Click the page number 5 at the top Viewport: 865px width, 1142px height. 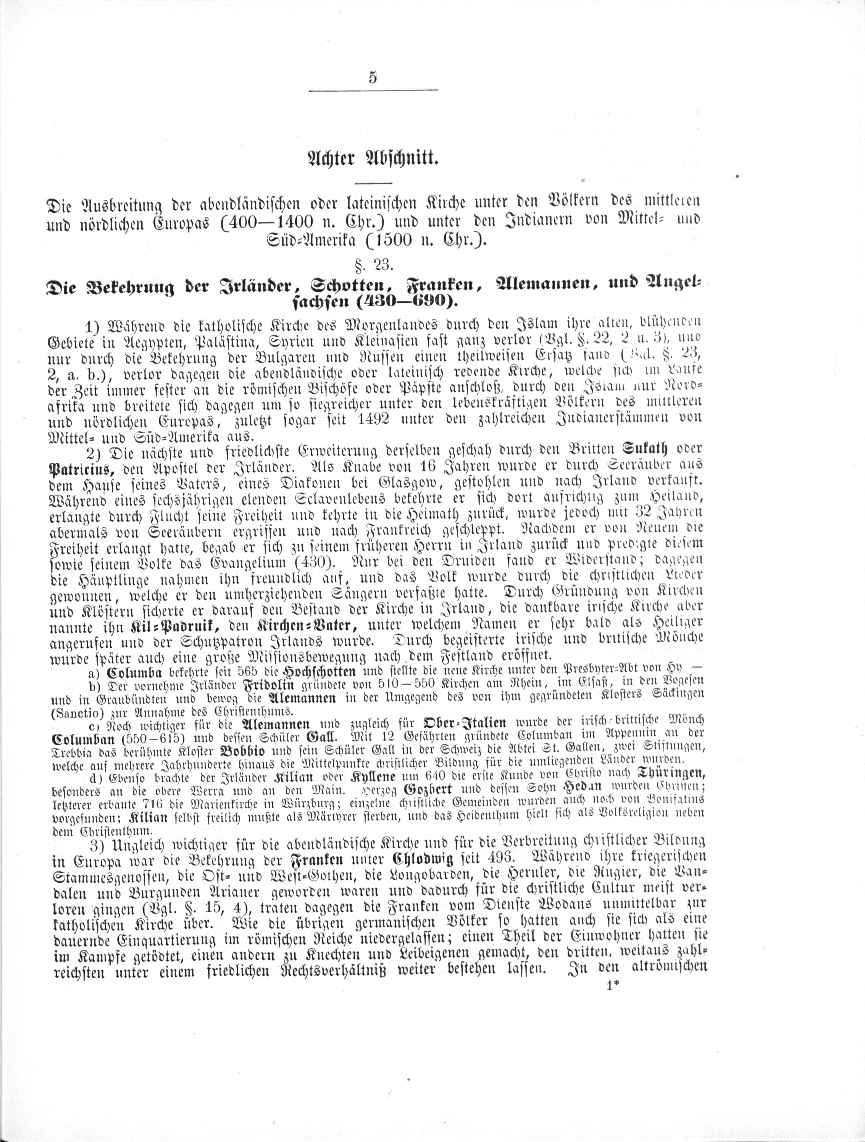coord(373,78)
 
